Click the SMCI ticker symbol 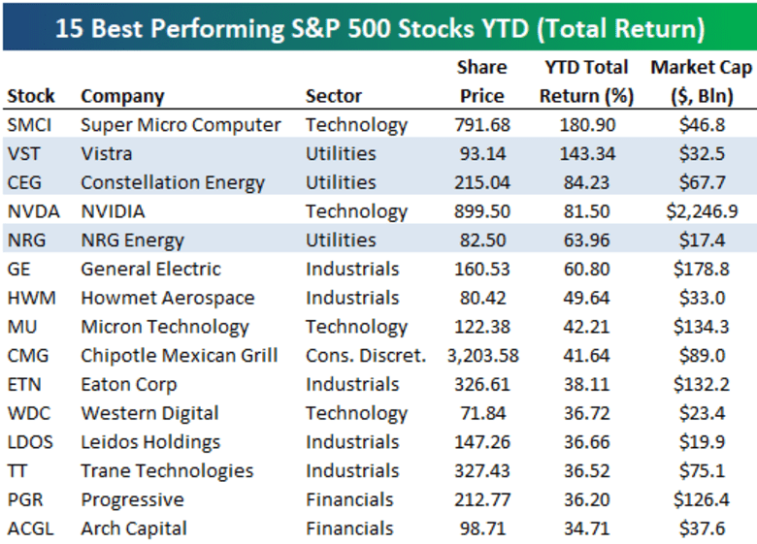coord(30,125)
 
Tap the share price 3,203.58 coord(481,356)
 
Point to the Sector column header coord(333,96)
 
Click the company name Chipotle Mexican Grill coord(179,356)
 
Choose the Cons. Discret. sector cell coord(365,356)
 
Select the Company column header coord(122,96)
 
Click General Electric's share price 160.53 coord(481,270)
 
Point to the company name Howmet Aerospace coord(167,298)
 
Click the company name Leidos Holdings coord(150,442)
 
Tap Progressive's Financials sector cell coord(349,500)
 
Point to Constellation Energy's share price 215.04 coord(481,182)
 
